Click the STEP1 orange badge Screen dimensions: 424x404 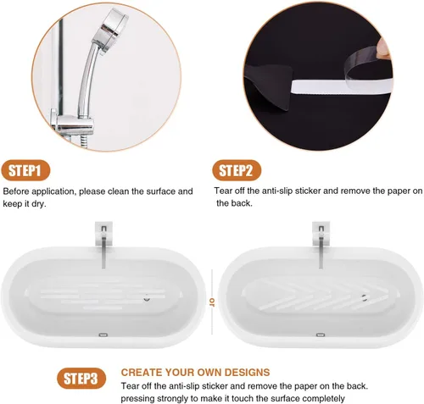[25, 170]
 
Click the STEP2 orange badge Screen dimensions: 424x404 [237, 170]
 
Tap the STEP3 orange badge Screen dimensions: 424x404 [81, 379]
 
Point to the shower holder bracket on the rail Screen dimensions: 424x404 [74, 125]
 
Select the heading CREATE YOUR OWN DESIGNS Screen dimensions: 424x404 [195, 372]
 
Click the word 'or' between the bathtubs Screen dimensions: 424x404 [212, 302]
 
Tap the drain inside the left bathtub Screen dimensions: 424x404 [147, 297]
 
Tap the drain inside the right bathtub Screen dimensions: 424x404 [365, 297]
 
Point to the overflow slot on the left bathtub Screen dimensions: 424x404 [103, 335]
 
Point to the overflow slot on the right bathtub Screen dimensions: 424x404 [321, 335]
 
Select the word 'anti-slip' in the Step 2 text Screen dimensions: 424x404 [276, 191]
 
